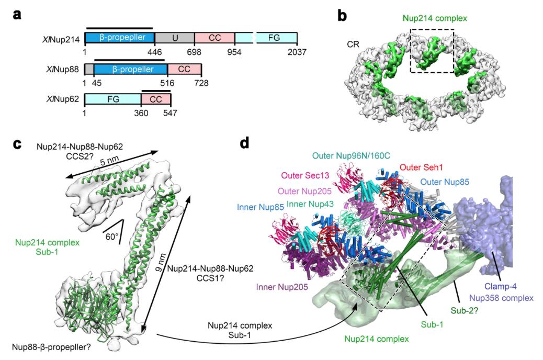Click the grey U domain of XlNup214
pyautogui.click(x=174, y=38)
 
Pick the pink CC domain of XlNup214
pyautogui.click(x=214, y=38)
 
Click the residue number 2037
pyautogui.click(x=296, y=52)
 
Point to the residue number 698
pyautogui.click(x=195, y=52)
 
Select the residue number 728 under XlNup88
pyautogui.click(x=201, y=83)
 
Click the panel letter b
pyautogui.click(x=342, y=16)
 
